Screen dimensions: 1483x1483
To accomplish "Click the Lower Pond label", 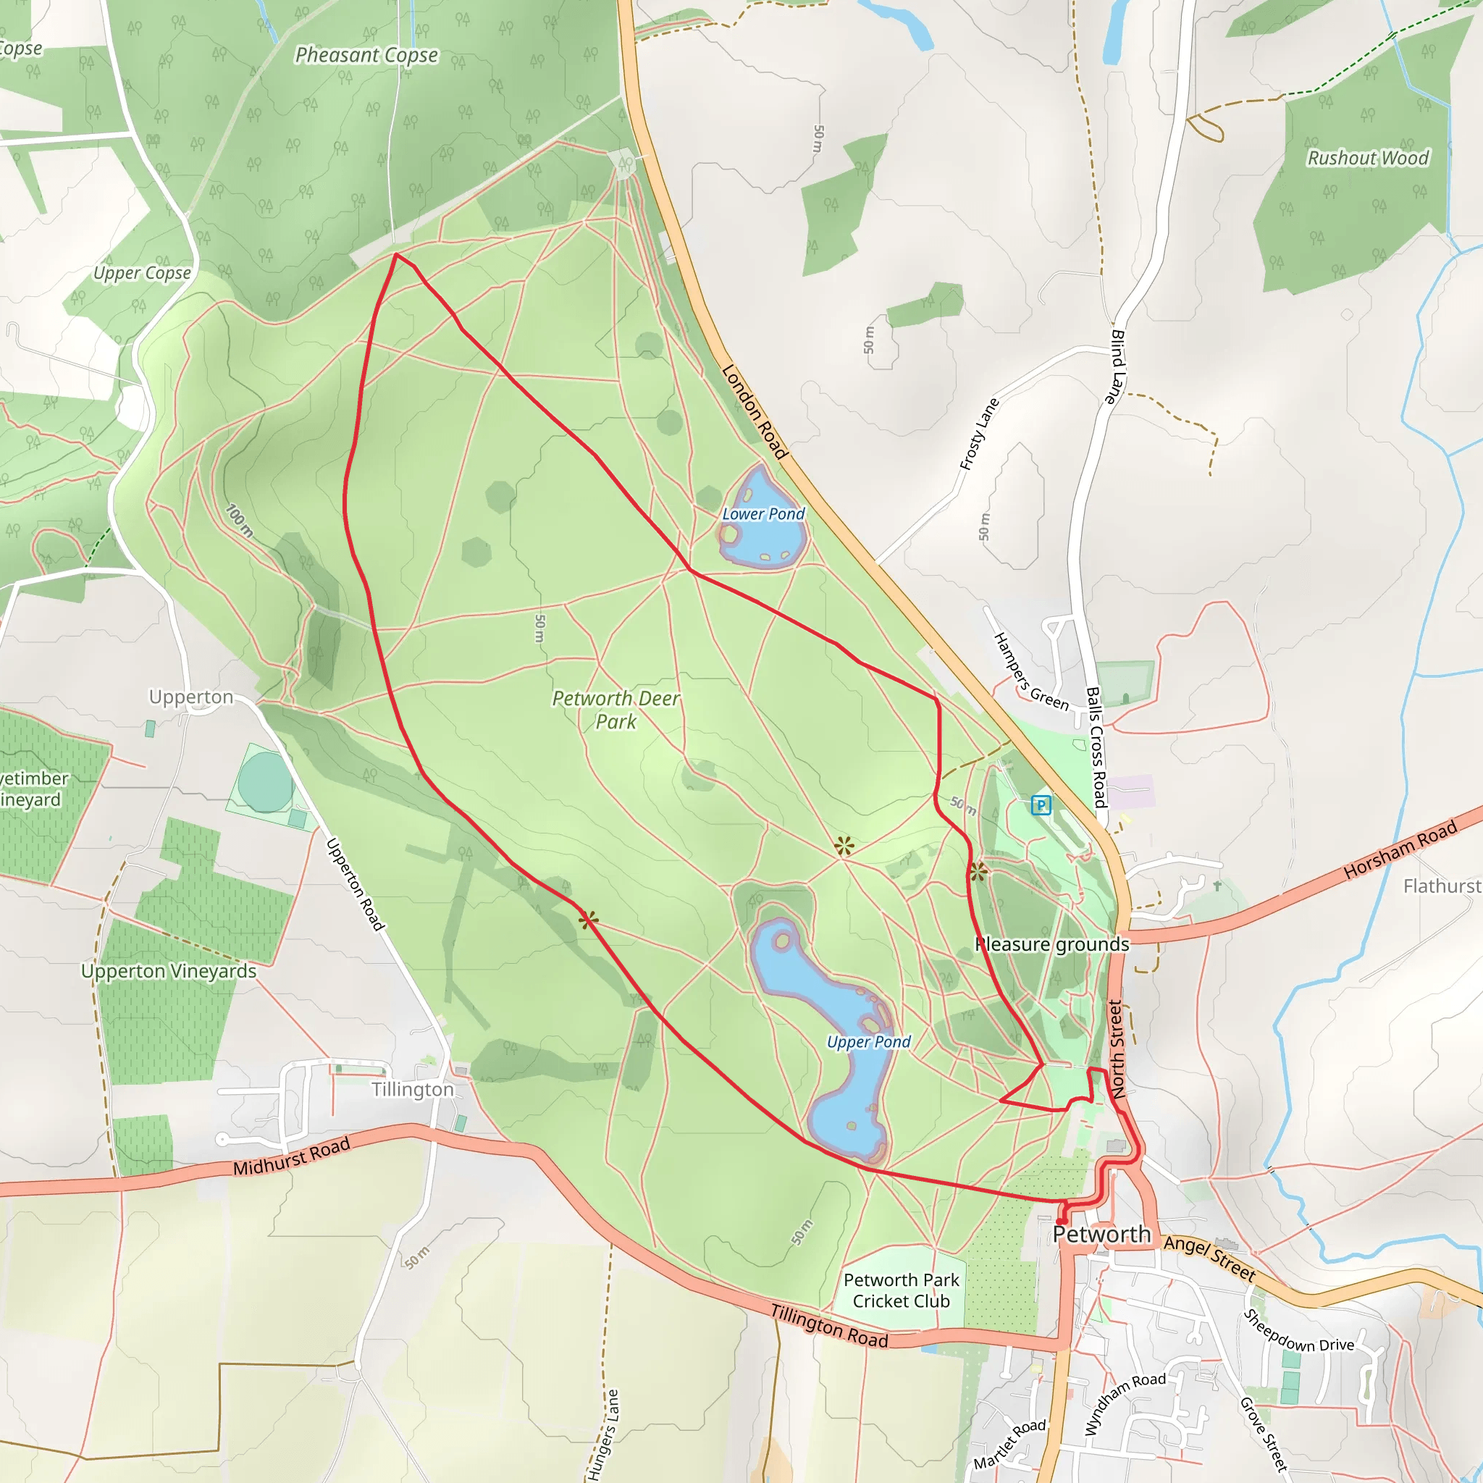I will point(763,513).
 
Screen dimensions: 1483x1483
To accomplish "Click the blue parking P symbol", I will point(1041,805).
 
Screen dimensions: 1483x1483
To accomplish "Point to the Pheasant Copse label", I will point(367,55).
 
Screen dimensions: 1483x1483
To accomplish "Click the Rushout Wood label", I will point(1368,158).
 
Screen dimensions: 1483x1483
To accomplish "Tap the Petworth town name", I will point(1101,1235).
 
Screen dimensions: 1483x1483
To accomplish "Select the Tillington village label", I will point(413,1089).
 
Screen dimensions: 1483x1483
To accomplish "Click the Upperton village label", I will point(191,697).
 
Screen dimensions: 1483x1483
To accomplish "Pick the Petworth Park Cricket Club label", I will point(901,1290).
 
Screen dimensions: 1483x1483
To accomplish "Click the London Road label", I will point(755,412).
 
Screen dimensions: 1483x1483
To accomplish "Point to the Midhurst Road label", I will point(292,1156).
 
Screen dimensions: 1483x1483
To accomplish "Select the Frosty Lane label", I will point(980,434).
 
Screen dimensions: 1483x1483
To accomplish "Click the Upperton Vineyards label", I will point(169,971).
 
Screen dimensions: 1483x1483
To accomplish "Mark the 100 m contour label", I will point(240,521).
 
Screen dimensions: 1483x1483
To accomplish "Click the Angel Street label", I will point(1210,1258).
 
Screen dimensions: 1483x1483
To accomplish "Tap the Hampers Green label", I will point(1031,672).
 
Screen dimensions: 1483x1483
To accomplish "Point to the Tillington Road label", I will point(829,1326).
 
